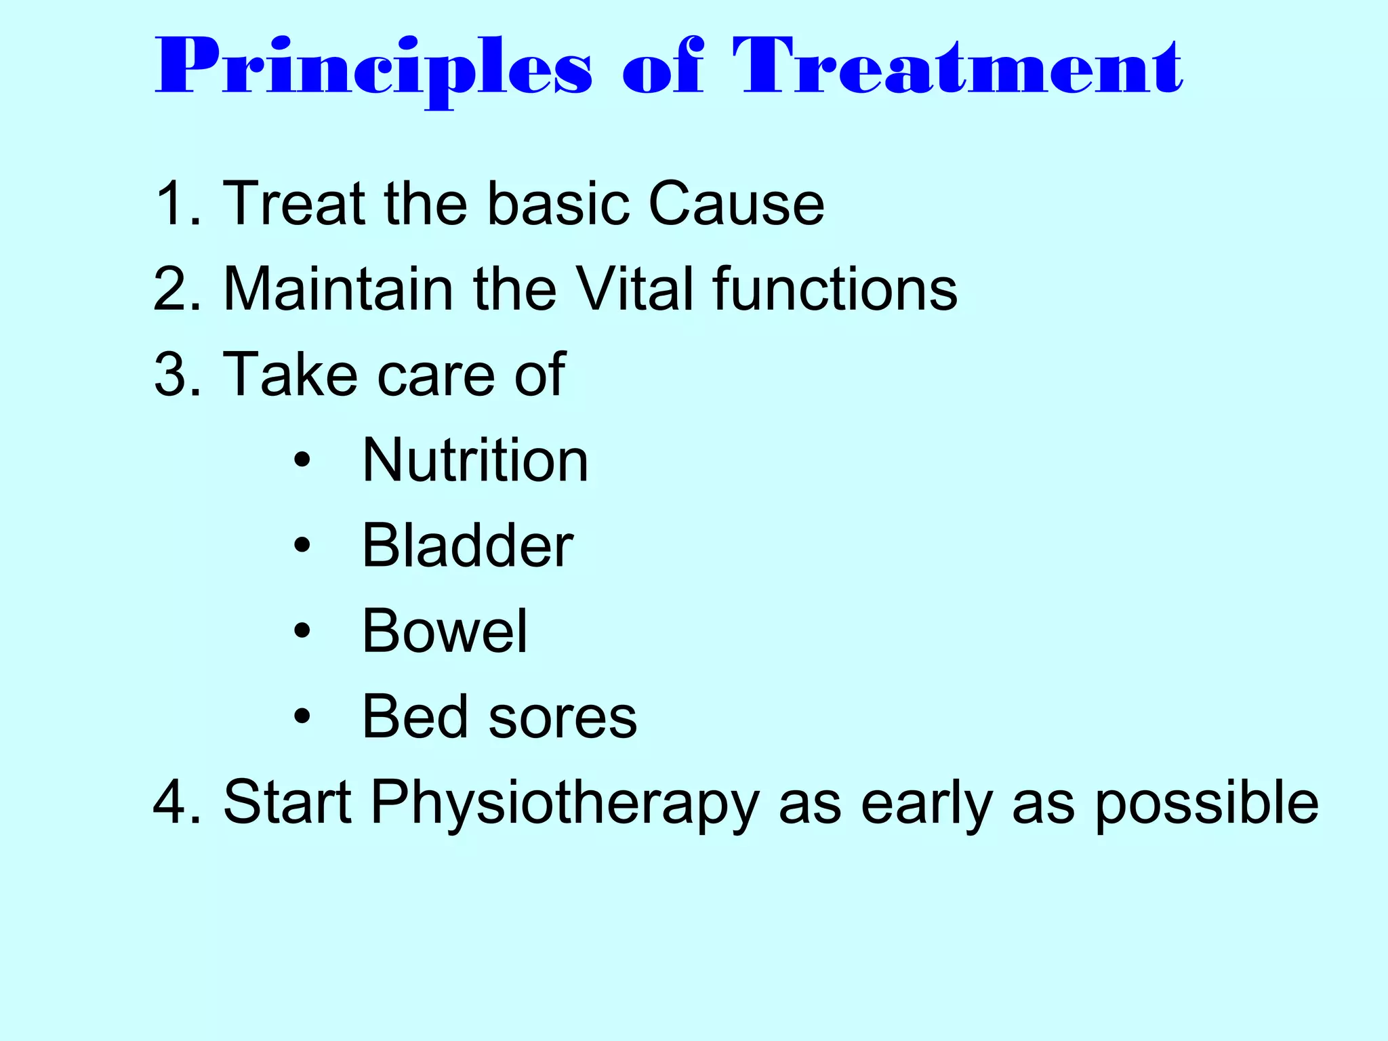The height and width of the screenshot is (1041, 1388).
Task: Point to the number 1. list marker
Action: point(178,203)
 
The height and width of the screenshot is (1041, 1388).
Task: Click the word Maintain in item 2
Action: point(338,289)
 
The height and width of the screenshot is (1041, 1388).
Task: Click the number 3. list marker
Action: point(178,374)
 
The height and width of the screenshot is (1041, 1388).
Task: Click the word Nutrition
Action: point(475,460)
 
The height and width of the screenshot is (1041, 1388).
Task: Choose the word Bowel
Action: point(445,631)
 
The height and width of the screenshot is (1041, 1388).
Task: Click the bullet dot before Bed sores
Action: point(302,716)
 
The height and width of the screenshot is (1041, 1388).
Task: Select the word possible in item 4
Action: point(1206,804)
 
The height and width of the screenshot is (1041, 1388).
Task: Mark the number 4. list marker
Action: point(178,802)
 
